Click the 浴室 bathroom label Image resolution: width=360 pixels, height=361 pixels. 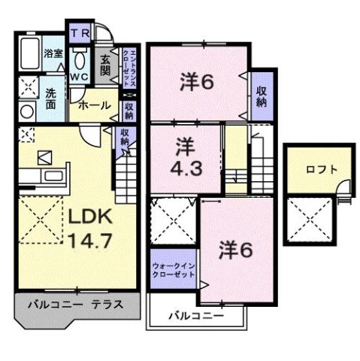(x=53, y=54)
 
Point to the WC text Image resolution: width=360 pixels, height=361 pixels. (x=80, y=76)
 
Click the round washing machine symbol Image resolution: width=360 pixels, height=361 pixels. (x=26, y=111)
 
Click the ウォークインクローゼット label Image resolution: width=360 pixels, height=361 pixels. (x=172, y=269)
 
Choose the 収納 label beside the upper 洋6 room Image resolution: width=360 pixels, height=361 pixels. (x=261, y=96)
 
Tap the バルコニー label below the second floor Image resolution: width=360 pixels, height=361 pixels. (x=195, y=316)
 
